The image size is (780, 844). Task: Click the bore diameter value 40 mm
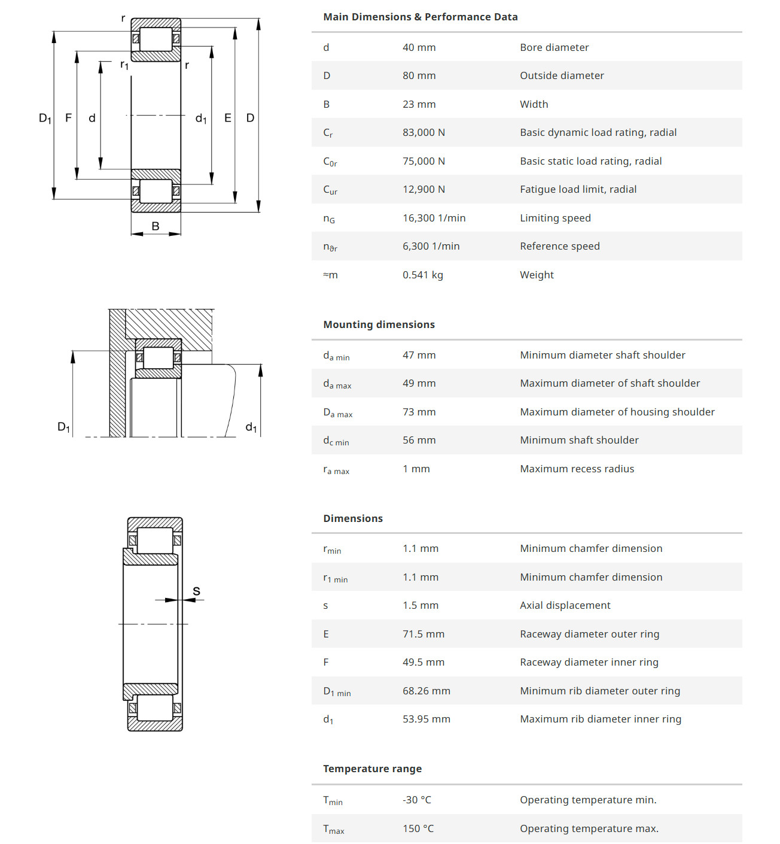pos(419,47)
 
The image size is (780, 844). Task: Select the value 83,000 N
pos(423,132)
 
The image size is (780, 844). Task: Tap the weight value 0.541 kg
pos(422,275)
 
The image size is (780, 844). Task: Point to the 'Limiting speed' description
pos(555,218)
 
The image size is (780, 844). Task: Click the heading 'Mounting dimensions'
pos(379,324)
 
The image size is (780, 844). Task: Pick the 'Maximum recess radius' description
pos(577,469)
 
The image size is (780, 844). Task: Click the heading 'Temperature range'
pos(372,769)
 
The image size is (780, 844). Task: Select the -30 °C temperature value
pos(416,800)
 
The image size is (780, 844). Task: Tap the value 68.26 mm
pos(426,691)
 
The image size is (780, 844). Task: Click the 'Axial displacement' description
pos(565,605)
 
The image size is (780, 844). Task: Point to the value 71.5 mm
pos(423,634)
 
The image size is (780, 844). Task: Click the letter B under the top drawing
pos(156,226)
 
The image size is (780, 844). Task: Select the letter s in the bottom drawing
pos(196,591)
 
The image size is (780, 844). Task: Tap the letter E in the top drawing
pos(227,118)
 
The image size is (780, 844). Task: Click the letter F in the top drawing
pos(68,118)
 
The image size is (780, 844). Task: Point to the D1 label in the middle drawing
pos(63,427)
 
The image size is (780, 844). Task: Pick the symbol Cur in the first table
pos(330,190)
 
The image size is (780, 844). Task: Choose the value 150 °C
pos(418,828)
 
